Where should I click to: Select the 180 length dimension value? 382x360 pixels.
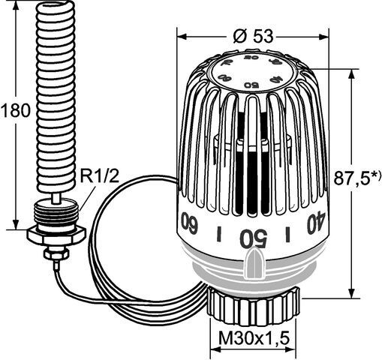[x=16, y=110]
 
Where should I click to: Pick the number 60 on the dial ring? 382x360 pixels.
[x=189, y=224]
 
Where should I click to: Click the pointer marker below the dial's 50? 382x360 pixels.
[x=254, y=265]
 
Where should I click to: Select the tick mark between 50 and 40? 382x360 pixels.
[x=287, y=234]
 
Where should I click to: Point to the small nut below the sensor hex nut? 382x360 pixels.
[x=54, y=255]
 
